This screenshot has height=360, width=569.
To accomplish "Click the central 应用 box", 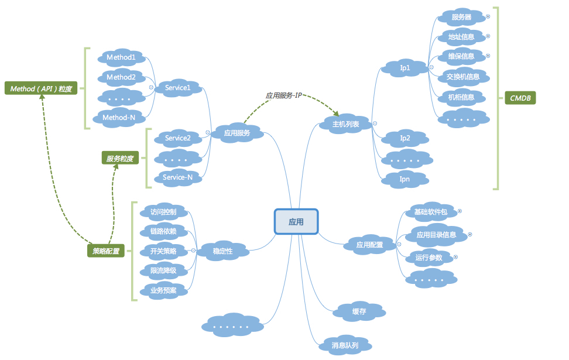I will pos(296,222).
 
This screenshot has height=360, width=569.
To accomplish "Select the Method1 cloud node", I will pos(121,57).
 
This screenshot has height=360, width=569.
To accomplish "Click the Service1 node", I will pos(177,88).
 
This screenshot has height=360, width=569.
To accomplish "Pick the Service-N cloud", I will pos(177,177).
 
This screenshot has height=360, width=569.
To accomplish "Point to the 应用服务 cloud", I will pos(237,133).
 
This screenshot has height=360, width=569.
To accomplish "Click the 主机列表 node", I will pos(345,124).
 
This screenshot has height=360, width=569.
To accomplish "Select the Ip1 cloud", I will pos(405,68).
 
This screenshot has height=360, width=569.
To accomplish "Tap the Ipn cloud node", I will pos(405,179).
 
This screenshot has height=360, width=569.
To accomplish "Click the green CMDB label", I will pos(520,98).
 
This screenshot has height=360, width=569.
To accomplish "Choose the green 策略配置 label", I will pos(106,252).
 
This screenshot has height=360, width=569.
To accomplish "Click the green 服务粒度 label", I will pos(119,158).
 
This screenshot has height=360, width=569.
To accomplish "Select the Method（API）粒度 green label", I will pos(41,89).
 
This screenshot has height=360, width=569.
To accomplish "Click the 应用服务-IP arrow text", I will pos(283,94).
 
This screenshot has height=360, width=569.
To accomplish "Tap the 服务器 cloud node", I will pos(461,17).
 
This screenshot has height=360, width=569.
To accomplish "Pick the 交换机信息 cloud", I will pos(462,76).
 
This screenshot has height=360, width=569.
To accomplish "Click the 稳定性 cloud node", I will pos(222,251).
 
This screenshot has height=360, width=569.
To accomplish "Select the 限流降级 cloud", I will pos(167,270).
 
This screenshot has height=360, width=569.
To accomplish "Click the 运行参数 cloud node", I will pos(429,258).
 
